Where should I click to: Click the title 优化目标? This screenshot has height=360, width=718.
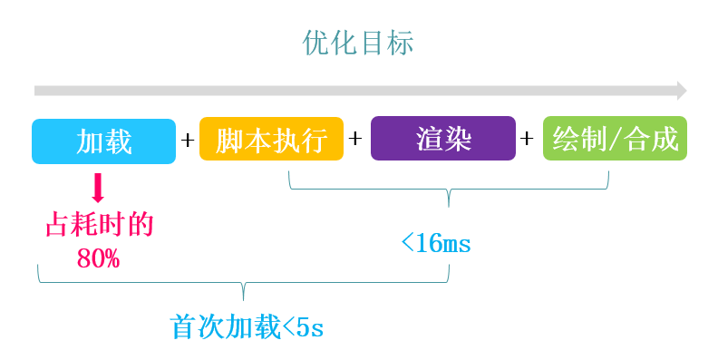coord(358,44)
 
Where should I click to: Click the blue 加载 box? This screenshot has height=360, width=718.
coord(103,141)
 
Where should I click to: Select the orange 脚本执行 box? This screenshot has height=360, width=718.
coord(271,141)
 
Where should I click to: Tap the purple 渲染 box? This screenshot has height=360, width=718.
coord(443,140)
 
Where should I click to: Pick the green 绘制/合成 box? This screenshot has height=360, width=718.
coord(615,140)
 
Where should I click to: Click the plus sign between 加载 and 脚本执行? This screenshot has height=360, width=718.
coord(188,141)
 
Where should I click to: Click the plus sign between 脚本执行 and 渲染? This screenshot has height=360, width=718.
coord(355,140)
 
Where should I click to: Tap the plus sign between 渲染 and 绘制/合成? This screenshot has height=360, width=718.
coord(528,140)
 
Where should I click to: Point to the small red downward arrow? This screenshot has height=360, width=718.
coord(99,188)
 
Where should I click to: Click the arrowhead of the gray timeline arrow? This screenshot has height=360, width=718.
coord(681,91)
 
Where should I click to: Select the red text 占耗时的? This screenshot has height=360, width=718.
coord(100,224)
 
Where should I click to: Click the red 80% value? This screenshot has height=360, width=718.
coord(99,258)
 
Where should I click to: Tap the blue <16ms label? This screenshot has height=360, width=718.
coord(435,243)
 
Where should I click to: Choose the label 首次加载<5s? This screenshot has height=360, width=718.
coord(247,327)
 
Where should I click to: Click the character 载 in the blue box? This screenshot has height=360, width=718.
coord(118,141)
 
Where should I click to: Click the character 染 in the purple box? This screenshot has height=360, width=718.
coord(458,141)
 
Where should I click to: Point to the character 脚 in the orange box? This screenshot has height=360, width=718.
coord(228,141)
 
